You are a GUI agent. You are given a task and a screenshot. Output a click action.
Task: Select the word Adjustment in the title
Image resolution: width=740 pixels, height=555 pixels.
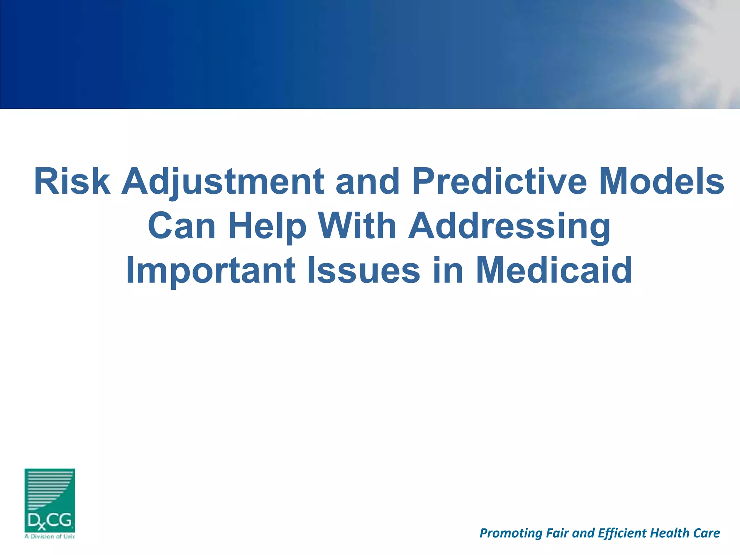(x=223, y=181)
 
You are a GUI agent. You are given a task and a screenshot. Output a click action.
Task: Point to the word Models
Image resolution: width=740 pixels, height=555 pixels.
(x=662, y=181)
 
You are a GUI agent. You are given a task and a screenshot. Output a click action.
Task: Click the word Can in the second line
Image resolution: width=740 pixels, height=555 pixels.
(x=182, y=226)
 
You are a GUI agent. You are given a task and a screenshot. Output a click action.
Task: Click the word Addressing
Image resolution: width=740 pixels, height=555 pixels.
(x=509, y=226)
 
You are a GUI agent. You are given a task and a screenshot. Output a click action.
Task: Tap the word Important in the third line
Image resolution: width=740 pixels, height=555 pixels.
(x=211, y=270)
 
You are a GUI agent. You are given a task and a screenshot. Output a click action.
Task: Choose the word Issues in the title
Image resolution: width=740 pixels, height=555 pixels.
(x=363, y=270)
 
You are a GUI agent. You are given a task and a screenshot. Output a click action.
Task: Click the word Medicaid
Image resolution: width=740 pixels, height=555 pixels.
(x=554, y=270)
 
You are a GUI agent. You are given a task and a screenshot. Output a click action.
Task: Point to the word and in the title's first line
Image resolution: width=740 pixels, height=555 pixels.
(x=367, y=181)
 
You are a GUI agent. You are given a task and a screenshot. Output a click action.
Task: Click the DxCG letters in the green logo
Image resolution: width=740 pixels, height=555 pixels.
(x=50, y=521)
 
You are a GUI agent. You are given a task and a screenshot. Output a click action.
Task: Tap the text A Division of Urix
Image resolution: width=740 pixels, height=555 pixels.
(x=50, y=537)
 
